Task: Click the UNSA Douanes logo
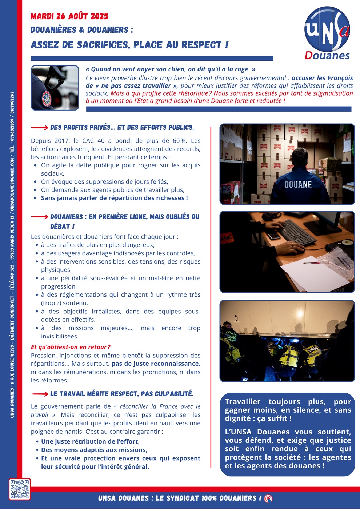point(327,33)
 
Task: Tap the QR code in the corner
point(20,489)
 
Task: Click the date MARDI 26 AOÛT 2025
point(69,16)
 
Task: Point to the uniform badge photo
point(55,88)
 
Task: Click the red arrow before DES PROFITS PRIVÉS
point(39,128)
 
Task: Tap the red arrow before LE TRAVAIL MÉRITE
point(39,394)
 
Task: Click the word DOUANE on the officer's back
point(298,185)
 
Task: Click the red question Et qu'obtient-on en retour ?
point(71,347)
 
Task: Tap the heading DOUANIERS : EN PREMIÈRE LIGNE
point(124,217)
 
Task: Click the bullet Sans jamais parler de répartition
point(114,198)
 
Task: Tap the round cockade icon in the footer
point(268,498)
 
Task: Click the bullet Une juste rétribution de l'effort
point(90,441)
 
